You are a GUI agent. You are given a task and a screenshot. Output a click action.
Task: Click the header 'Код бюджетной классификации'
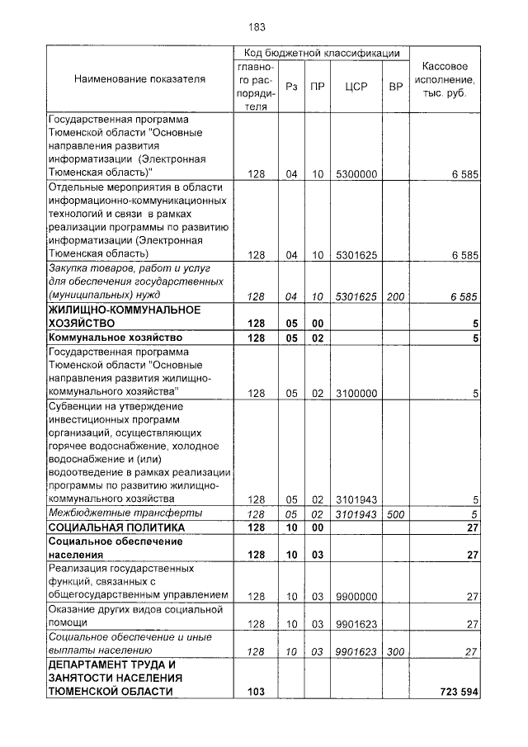[321, 52]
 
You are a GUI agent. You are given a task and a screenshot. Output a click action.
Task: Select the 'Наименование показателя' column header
[139, 79]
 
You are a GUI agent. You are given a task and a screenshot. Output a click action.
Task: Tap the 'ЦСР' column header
[356, 85]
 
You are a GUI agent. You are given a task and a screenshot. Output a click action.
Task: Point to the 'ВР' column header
[394, 85]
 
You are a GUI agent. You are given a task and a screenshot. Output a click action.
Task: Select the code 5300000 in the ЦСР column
[356, 174]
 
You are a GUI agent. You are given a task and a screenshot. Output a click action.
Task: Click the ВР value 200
[394, 295]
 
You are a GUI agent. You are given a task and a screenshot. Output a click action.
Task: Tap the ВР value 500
[394, 514]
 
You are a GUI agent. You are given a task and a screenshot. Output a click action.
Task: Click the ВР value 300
[394, 651]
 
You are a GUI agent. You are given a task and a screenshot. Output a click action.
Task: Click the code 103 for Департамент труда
[256, 692]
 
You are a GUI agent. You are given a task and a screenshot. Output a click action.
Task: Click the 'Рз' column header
[291, 85]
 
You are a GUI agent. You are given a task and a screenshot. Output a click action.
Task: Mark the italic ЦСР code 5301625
[356, 295]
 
